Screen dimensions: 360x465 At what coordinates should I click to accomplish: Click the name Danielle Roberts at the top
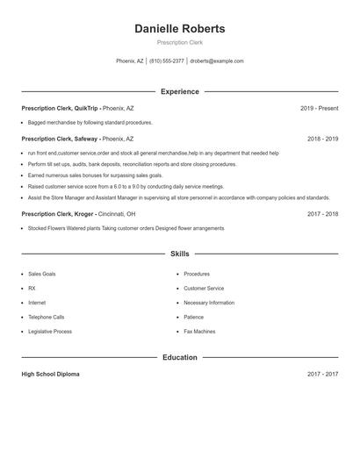pos(179,28)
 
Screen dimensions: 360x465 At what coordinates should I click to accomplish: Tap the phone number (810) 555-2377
pos(167,61)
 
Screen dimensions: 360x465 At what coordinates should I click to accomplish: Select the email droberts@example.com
pos(217,61)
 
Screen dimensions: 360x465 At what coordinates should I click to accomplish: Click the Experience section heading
pos(179,91)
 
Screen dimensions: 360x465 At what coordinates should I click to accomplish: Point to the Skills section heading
pos(179,254)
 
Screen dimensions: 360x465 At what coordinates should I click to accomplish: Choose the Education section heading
pos(179,357)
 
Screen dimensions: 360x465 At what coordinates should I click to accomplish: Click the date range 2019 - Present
pos(319,108)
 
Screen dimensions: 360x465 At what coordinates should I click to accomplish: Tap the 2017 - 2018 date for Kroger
pos(322,213)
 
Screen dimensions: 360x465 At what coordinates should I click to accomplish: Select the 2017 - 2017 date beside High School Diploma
pos(322,374)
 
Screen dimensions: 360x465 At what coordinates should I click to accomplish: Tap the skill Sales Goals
pos(41,274)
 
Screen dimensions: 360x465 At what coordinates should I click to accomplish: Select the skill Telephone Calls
pos(46,317)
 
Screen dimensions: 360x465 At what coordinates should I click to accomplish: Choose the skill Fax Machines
pos(199,332)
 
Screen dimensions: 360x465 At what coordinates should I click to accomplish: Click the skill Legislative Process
pos(49,332)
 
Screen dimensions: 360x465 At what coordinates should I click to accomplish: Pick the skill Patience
pos(193,317)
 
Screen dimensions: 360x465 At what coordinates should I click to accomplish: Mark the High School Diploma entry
pos(50,374)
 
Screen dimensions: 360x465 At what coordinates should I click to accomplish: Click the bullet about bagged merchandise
pos(90,123)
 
